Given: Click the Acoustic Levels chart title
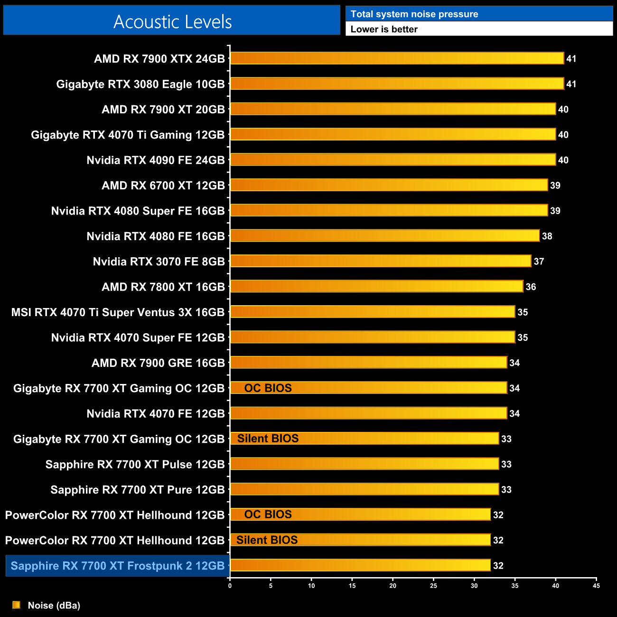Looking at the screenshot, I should point(172,22).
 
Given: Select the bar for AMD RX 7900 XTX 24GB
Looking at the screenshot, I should point(397,58).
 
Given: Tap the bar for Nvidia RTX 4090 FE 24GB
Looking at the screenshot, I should point(393,159).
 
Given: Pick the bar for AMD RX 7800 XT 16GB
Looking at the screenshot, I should point(376,286).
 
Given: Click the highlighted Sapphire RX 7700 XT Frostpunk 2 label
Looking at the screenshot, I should point(118,566).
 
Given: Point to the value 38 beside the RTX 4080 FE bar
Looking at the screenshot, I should point(547,236).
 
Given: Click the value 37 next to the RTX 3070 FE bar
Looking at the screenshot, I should point(539,262).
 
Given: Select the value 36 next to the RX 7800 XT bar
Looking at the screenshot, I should point(531,287).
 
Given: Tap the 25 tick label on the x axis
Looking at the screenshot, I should point(433,586).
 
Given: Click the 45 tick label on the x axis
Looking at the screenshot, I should point(596,586).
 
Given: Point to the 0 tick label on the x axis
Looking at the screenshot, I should point(230,586).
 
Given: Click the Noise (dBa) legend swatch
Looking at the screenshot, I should point(17,605).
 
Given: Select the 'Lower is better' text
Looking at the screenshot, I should point(384,29).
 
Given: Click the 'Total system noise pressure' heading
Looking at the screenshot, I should point(414,14).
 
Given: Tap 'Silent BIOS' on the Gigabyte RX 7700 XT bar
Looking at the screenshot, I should point(268,439).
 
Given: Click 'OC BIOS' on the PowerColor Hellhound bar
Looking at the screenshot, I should point(268,514).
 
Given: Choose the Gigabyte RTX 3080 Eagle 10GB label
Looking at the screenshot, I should point(140,84).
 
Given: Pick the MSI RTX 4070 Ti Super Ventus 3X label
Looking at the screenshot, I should point(118,312).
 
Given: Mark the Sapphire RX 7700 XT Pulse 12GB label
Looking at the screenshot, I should point(135,464).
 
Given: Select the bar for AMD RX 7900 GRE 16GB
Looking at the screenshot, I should point(368,363).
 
